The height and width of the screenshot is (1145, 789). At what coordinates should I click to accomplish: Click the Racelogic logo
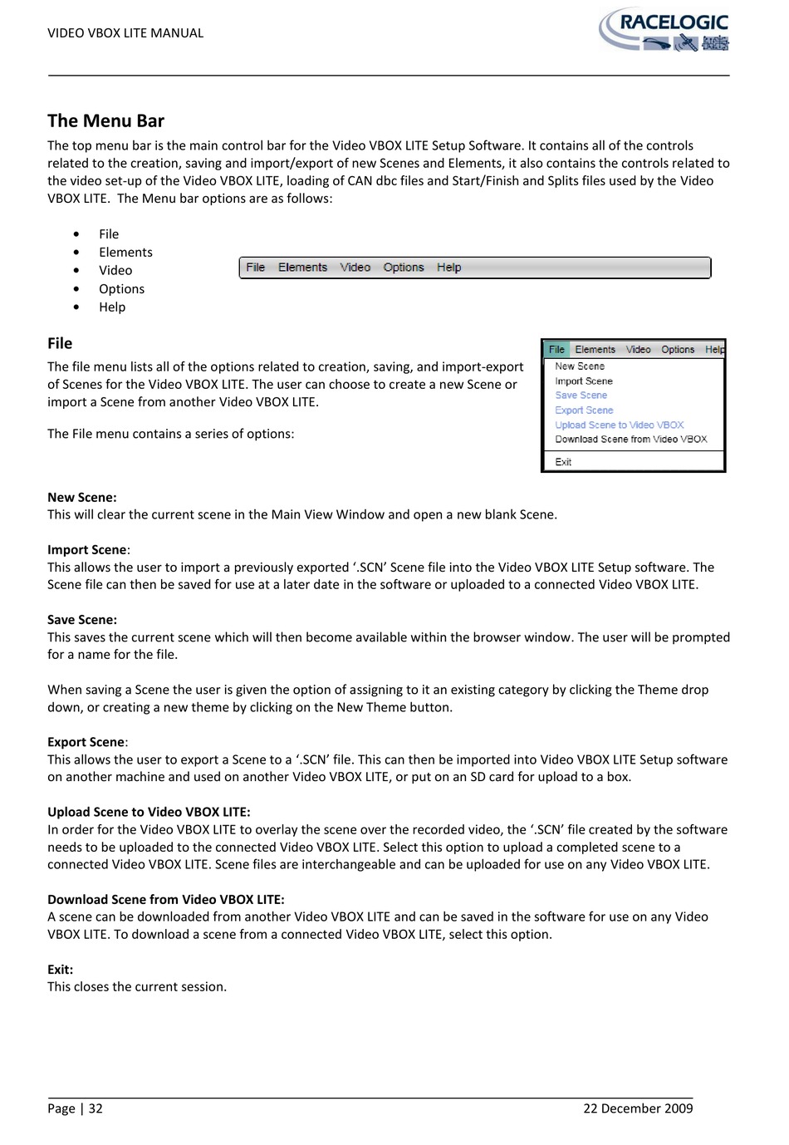click(664, 31)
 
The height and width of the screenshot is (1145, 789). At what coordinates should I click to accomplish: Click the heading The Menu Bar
click(105, 121)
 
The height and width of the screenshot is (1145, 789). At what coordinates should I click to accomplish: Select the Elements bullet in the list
click(125, 253)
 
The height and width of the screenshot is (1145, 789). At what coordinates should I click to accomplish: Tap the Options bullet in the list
click(121, 289)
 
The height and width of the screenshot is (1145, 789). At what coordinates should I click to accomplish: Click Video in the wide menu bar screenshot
click(355, 268)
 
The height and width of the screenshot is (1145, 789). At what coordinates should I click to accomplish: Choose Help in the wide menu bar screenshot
click(449, 268)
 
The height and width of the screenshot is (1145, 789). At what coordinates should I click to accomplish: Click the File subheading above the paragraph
click(60, 344)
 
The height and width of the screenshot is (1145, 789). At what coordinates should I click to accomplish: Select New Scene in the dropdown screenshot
click(580, 366)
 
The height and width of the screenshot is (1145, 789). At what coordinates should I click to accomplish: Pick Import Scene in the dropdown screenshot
click(584, 381)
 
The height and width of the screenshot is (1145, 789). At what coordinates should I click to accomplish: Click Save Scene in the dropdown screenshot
click(581, 396)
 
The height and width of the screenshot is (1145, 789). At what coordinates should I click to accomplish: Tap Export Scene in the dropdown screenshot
click(584, 410)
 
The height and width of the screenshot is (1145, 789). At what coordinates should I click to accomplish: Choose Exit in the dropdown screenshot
click(563, 462)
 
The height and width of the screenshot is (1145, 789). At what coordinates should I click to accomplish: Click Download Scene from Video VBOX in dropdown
click(631, 440)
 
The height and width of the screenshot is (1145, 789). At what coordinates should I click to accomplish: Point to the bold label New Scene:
click(81, 498)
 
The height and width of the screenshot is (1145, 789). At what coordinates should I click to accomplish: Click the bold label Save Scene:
click(81, 620)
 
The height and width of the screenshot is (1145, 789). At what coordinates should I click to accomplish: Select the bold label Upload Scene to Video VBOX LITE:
click(149, 813)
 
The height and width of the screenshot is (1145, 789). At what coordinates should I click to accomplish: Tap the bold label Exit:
click(60, 970)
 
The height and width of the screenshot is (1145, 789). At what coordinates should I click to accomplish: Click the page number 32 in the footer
click(96, 1108)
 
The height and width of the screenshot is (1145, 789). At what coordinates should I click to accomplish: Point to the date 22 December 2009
click(638, 1108)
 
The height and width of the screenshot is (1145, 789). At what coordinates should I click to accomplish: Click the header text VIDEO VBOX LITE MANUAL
click(125, 33)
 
